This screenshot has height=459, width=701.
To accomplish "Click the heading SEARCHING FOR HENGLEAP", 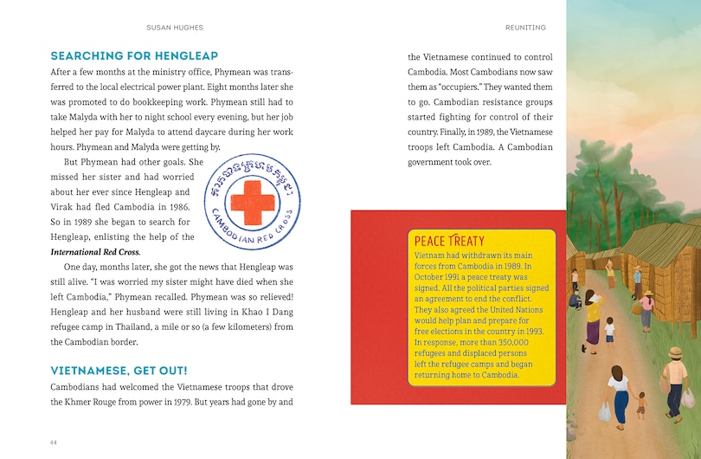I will tap(134, 56).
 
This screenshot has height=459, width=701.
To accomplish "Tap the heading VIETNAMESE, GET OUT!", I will tap(119, 371).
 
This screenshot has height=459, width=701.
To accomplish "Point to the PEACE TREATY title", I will tap(449, 240).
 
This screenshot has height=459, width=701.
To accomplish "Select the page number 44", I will tap(54, 443).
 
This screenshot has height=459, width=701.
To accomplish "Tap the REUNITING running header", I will tap(525, 28).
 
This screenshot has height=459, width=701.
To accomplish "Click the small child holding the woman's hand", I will tap(640, 404).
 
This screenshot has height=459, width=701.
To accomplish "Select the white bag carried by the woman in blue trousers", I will tap(605, 412).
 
